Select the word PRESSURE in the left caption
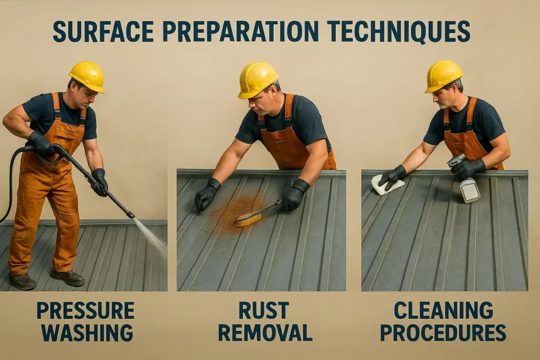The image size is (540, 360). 85,311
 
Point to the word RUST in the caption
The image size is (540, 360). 265,311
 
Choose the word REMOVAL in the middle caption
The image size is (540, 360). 265,333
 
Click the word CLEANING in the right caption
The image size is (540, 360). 443,311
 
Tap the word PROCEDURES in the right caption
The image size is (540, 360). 443,333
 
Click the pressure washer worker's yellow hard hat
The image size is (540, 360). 87,75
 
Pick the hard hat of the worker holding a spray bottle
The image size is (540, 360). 444,75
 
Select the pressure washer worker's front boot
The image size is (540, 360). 67,277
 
